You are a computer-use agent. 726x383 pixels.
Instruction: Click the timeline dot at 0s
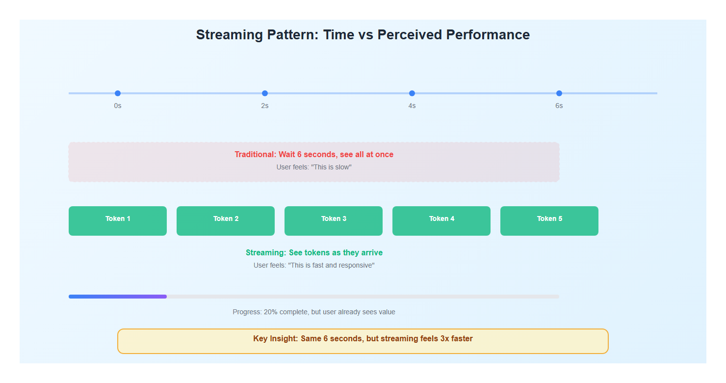coord(118,93)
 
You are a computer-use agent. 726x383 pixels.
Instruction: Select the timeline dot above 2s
coord(265,93)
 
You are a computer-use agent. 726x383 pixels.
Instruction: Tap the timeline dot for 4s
coord(412,93)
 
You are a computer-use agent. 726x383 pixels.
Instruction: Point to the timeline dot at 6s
coord(559,93)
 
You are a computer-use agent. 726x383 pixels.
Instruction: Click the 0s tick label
coord(118,106)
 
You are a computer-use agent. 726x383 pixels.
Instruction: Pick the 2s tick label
coord(265,106)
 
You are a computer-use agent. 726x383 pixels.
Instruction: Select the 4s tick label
coord(412,106)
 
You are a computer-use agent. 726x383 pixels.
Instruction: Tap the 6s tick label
coord(559,106)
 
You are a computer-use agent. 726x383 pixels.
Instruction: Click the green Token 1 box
coord(118,221)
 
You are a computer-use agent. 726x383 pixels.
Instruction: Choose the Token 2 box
coord(226,221)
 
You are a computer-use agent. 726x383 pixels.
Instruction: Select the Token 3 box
coord(334,221)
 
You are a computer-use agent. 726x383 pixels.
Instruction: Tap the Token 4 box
coord(441,221)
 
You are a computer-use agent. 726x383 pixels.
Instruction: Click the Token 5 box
coord(549,221)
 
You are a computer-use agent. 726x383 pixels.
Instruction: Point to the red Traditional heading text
coord(314,154)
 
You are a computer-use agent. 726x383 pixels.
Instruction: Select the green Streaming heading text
coord(314,252)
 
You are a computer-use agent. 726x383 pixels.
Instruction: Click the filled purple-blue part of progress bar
coord(118,297)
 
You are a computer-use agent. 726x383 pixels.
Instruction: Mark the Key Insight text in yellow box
coord(363,339)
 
